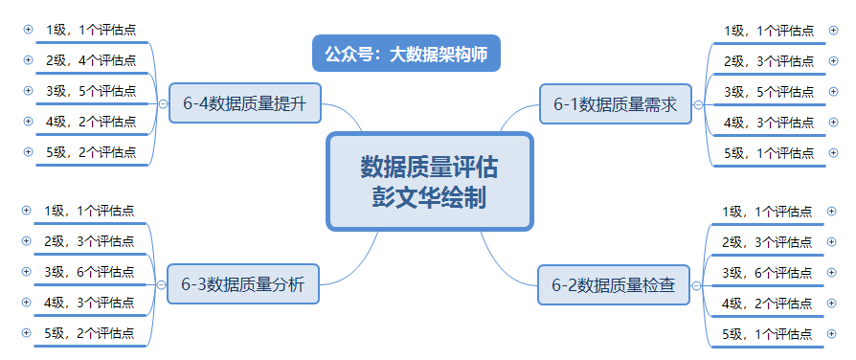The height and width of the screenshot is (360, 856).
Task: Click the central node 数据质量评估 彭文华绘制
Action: [x=429, y=181]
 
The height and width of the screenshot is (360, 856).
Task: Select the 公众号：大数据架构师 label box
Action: [x=406, y=54]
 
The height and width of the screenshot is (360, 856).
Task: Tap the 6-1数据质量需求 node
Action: [x=615, y=104]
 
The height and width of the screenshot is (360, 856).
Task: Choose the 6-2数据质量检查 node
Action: [x=613, y=284]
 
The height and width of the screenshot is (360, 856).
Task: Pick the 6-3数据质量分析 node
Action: [x=242, y=284]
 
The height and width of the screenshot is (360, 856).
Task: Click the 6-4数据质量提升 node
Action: [x=244, y=104]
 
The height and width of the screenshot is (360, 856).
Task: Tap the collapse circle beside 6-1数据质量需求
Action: [x=698, y=104]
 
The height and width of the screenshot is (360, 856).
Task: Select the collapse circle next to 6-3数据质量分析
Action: [x=160, y=284]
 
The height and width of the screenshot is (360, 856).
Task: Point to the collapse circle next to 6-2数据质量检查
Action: [x=696, y=285]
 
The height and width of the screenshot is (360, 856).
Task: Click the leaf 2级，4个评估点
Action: [x=91, y=60]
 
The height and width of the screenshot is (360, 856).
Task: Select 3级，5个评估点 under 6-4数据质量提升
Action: [x=91, y=91]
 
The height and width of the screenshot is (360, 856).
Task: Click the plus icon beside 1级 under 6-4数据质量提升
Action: [x=28, y=30]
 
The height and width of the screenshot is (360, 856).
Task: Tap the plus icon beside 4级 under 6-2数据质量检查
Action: [x=832, y=303]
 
